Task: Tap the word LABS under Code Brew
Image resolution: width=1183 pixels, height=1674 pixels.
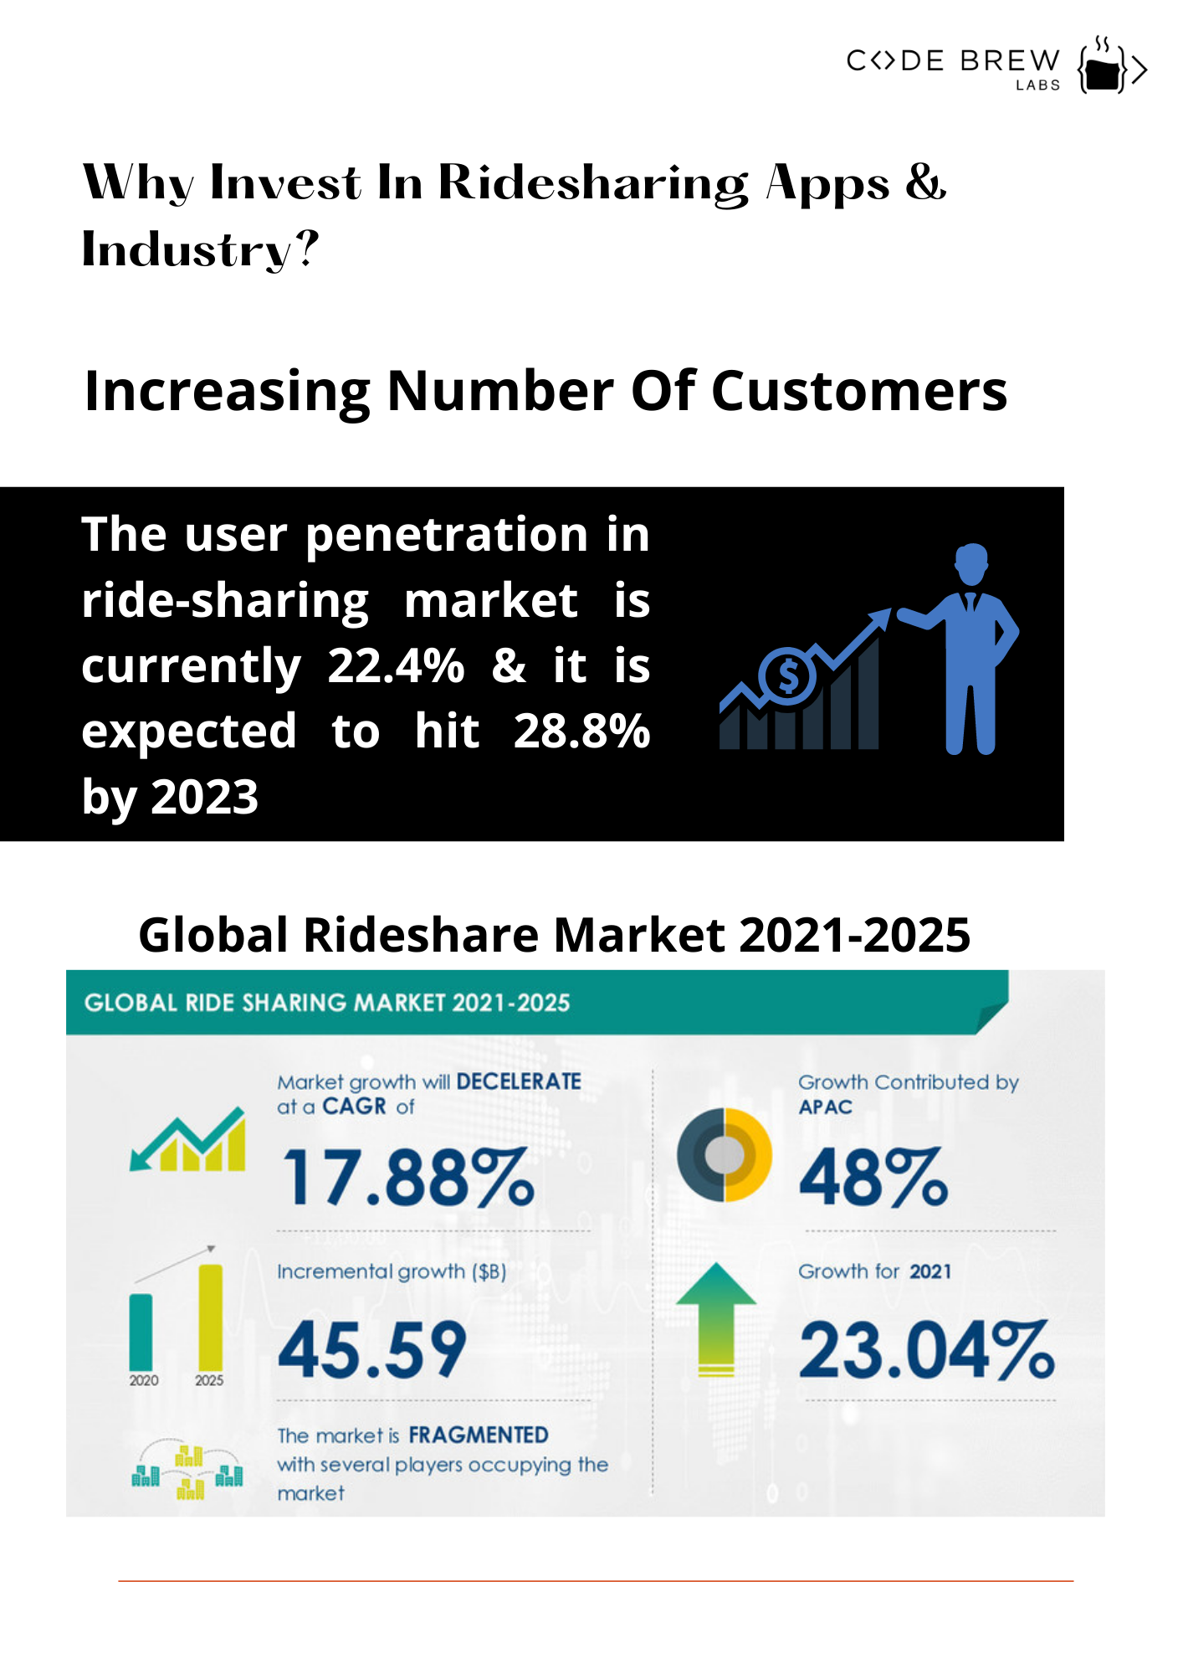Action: (1037, 85)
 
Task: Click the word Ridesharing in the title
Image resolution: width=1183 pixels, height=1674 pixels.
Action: (593, 183)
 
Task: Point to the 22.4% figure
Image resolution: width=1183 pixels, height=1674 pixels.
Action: (396, 666)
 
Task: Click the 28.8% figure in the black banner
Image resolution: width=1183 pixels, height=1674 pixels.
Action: (581, 732)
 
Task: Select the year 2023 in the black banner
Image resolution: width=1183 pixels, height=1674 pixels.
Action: (205, 797)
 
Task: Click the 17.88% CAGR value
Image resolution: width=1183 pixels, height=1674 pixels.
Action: (408, 1178)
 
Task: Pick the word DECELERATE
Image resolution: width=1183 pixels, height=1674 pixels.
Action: (519, 1081)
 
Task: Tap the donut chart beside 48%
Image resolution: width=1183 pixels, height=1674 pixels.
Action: (724, 1155)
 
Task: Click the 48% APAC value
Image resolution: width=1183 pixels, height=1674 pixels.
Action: (873, 1178)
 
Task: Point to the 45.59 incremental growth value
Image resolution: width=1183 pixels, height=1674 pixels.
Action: (372, 1349)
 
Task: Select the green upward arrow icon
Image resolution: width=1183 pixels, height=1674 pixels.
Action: (716, 1318)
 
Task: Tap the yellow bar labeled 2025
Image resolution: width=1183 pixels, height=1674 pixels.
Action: (210, 1316)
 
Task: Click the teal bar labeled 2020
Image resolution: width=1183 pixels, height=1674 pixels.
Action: (141, 1331)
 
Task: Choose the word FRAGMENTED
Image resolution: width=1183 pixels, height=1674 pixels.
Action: (479, 1435)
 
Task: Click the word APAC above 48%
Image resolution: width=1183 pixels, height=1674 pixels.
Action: (825, 1107)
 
